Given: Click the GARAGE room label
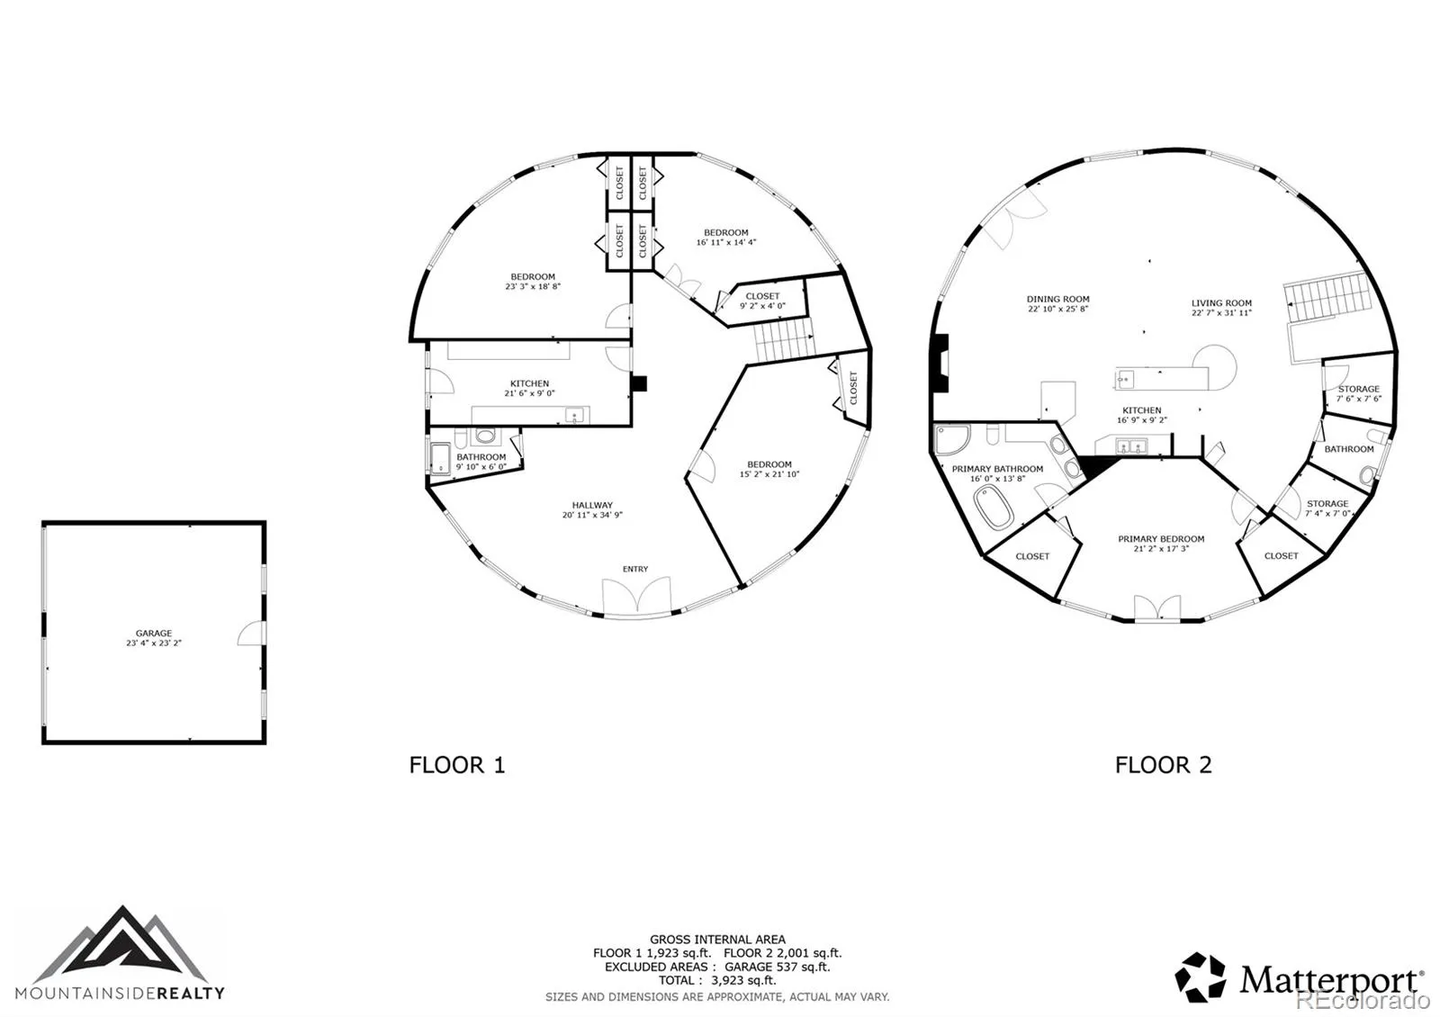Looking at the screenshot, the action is point(154,634).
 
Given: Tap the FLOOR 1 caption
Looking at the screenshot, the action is point(457,765).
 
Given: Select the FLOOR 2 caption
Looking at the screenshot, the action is point(1163,765).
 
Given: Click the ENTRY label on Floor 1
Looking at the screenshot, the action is point(635,569).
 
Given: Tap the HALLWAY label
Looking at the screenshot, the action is point(592,505).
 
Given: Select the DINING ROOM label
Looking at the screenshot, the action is point(1057,299).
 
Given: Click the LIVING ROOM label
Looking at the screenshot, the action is point(1221,303).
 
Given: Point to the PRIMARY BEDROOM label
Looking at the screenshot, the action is point(1161,539).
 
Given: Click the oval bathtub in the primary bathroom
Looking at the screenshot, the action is point(994,508).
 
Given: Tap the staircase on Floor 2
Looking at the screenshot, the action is point(1327,298).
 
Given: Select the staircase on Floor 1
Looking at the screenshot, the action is point(784,338).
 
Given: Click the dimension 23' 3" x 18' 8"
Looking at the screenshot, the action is point(532,287).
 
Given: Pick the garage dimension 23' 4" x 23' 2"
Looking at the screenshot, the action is point(154,643).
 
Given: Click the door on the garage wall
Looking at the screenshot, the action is point(251,633).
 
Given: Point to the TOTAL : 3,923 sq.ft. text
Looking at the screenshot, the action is point(716,980).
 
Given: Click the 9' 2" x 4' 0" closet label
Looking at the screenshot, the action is point(762,306).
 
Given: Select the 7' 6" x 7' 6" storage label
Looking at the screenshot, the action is point(1358,399).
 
